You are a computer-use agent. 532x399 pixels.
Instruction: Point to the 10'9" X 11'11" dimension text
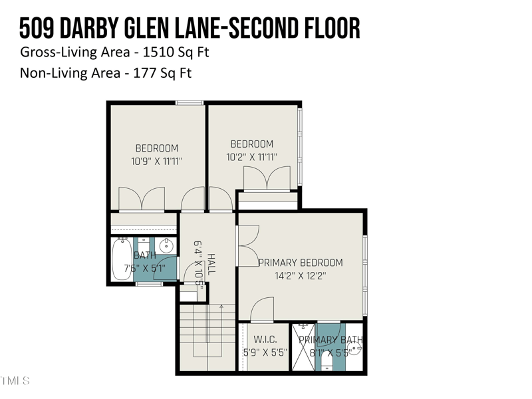(x=157, y=161)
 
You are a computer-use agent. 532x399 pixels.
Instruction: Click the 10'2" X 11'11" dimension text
(x=251, y=157)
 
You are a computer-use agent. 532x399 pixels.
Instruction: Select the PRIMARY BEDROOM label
(x=301, y=263)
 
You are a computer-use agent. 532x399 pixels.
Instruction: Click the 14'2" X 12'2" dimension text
(x=301, y=275)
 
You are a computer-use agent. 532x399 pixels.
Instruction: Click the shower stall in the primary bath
(x=303, y=347)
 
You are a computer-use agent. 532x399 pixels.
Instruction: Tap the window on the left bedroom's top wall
(x=190, y=102)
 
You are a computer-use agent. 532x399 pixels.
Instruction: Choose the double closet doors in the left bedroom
(x=142, y=199)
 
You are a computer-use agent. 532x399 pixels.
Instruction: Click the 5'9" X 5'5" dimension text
(x=265, y=353)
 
